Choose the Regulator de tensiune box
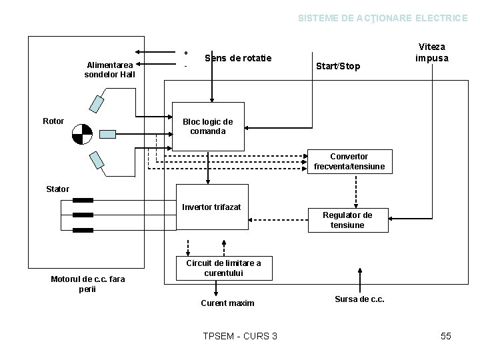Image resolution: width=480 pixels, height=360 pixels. pyautogui.click(x=347, y=219)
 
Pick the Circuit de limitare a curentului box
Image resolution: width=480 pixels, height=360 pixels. pyautogui.click(x=223, y=267)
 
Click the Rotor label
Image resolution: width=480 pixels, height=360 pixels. pyautogui.click(x=53, y=121)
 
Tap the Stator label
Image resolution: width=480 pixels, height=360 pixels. pyautogui.click(x=57, y=189)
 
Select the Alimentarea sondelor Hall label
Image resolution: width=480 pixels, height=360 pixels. pyautogui.click(x=110, y=69)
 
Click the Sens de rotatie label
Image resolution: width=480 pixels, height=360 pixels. pyautogui.click(x=238, y=58)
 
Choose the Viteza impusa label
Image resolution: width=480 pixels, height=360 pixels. pyautogui.click(x=431, y=53)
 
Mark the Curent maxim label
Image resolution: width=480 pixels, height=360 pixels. pyautogui.click(x=227, y=303)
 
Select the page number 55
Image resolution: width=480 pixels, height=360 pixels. pyautogui.click(x=446, y=336)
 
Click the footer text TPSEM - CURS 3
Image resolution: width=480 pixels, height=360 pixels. pyautogui.click(x=239, y=336)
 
